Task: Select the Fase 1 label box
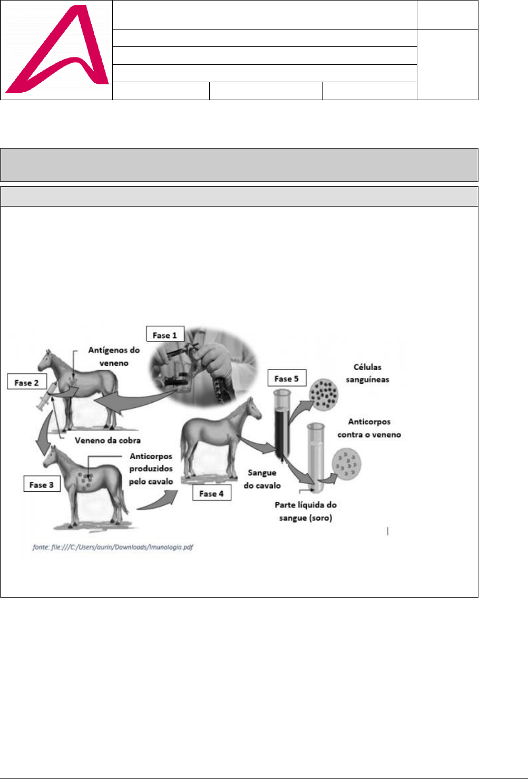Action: pyautogui.click(x=165, y=335)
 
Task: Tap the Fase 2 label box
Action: pyautogui.click(x=26, y=382)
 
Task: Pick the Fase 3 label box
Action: pyautogui.click(x=42, y=484)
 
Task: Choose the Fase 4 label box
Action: pyautogui.click(x=211, y=493)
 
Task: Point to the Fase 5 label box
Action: pyautogui.click(x=287, y=378)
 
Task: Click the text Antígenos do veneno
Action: pyautogui.click(x=114, y=356)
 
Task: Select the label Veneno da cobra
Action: pyautogui.click(x=107, y=440)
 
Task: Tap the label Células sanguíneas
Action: pyautogui.click(x=367, y=373)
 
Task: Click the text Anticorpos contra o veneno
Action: pyautogui.click(x=369, y=428)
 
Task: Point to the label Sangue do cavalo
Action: pyautogui.click(x=262, y=479)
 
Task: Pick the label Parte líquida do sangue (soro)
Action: pyautogui.click(x=306, y=511)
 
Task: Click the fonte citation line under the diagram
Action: pyautogui.click(x=113, y=547)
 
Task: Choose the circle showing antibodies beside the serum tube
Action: pyautogui.click(x=346, y=464)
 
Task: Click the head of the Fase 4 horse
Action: pyautogui.click(x=252, y=408)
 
